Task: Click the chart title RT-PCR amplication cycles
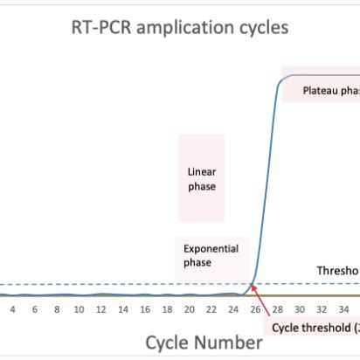[x=179, y=28]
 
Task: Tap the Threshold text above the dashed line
[x=338, y=270]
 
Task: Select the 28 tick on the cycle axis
[x=277, y=309]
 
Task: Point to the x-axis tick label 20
[x=189, y=309]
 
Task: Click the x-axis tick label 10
[x=79, y=309]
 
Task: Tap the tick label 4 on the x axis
[x=12, y=309]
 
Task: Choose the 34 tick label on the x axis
[x=343, y=309]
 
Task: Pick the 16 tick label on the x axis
[x=145, y=309]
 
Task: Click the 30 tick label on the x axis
[x=299, y=309]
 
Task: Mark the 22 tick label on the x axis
[x=211, y=309]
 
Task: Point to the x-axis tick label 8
[x=57, y=309]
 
